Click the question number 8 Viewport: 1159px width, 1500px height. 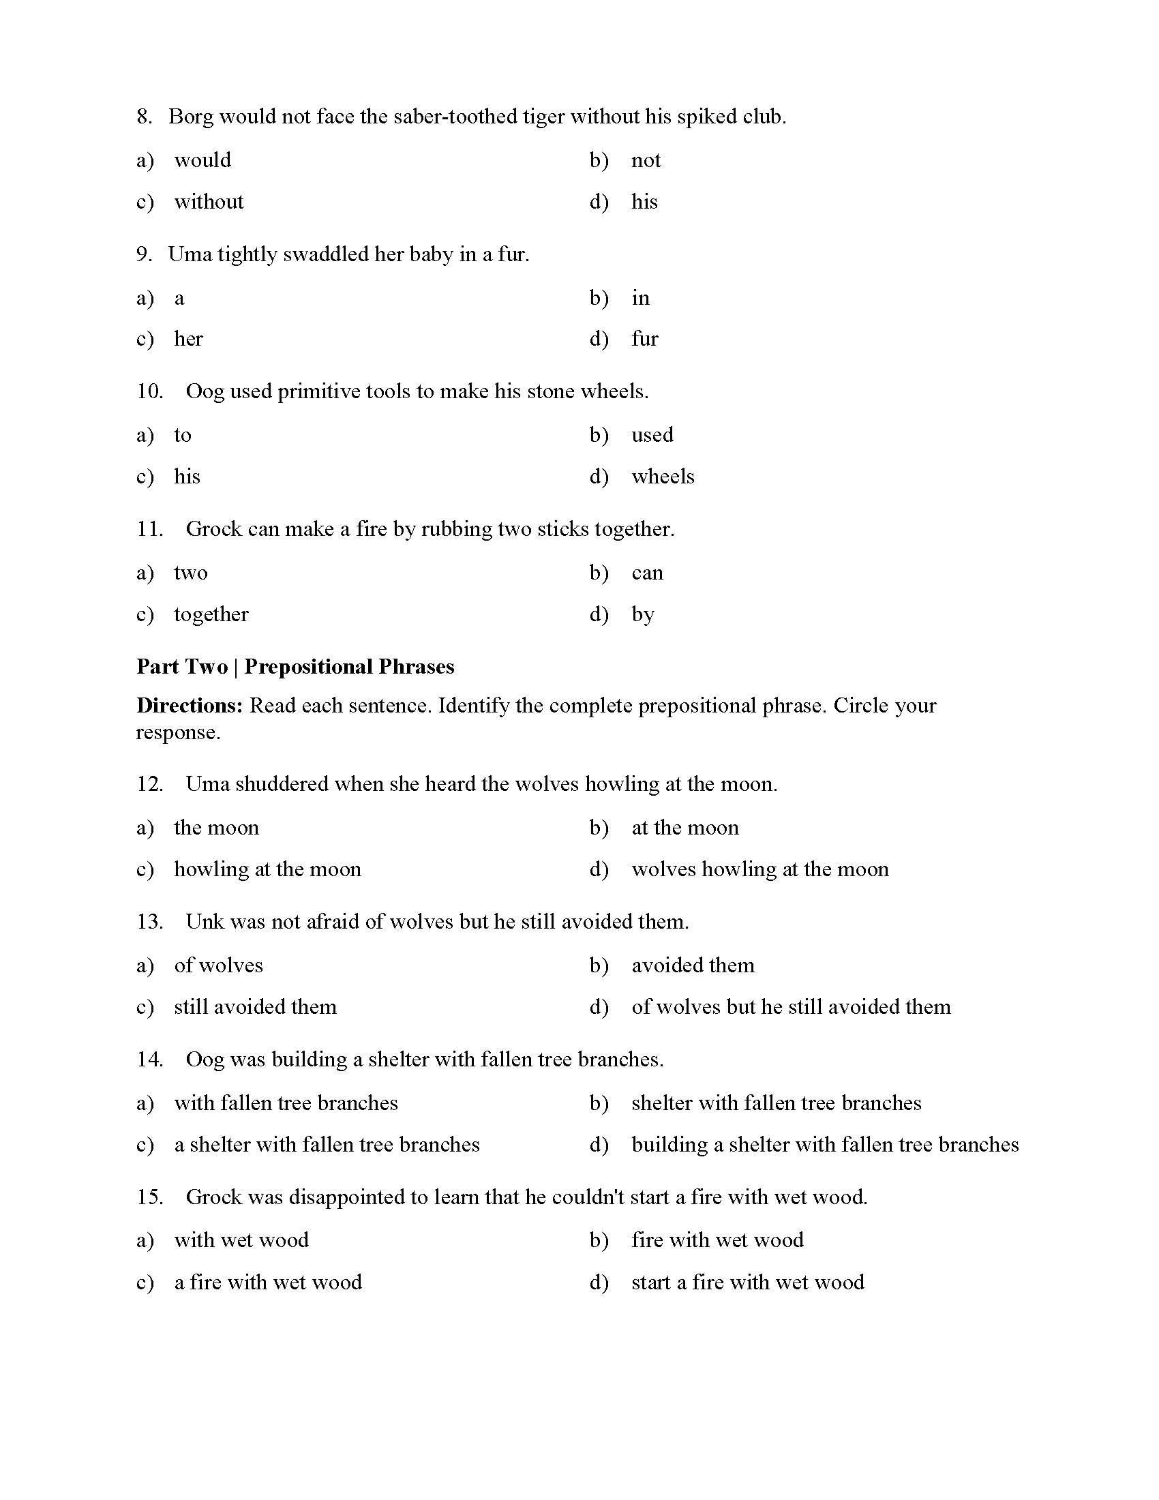point(143,117)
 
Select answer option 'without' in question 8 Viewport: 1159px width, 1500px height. point(209,202)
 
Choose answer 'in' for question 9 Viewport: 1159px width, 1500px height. point(640,298)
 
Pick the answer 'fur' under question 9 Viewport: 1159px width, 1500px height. point(644,340)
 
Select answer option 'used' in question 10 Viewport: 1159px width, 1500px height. point(652,435)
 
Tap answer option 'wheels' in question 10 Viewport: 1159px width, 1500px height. point(663,477)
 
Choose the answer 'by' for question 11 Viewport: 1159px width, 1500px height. point(643,615)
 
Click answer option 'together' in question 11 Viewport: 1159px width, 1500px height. point(211,615)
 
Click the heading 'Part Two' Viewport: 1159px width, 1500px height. point(182,667)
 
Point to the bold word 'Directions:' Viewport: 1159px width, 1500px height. point(190,706)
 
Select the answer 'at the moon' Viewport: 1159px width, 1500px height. point(684,828)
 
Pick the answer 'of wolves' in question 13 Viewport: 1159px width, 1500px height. point(218,965)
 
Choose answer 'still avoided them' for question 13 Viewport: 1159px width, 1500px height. point(255,1007)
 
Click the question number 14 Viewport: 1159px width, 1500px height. point(149,1060)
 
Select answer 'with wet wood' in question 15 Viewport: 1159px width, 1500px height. point(241,1240)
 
